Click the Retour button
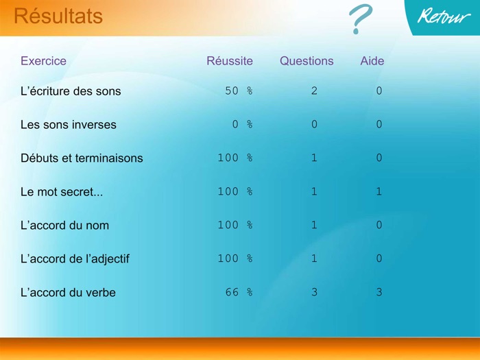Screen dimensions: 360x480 pyautogui.click(x=444, y=17)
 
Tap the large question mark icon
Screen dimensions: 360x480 pyautogui.click(x=359, y=20)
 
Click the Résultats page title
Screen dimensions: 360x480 pyautogui.click(x=58, y=16)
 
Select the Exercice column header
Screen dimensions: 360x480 pyautogui.click(x=43, y=61)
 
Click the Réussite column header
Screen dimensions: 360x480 pyautogui.click(x=230, y=61)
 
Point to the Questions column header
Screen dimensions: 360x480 pyautogui.click(x=307, y=61)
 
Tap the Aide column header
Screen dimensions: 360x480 pyautogui.click(x=372, y=61)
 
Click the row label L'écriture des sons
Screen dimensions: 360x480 pyautogui.click(x=71, y=91)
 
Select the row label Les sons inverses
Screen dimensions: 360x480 pyautogui.click(x=69, y=125)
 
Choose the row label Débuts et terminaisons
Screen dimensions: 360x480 pyautogui.click(x=82, y=158)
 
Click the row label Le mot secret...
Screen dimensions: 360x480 pyautogui.click(x=62, y=192)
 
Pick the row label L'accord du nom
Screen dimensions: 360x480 pyautogui.click(x=64, y=226)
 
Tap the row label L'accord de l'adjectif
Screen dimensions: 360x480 pyautogui.click(x=75, y=259)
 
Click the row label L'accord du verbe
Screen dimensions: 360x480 pyautogui.click(x=68, y=293)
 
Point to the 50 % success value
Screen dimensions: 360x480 pyautogui.click(x=239, y=91)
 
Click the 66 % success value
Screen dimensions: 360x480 pyautogui.click(x=239, y=293)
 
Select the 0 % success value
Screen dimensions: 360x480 pyautogui.click(x=242, y=125)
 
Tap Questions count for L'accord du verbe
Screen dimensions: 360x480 pyautogui.click(x=314, y=293)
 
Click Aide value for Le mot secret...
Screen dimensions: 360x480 pyautogui.click(x=379, y=192)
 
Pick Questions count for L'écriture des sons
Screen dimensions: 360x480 pyautogui.click(x=314, y=91)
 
